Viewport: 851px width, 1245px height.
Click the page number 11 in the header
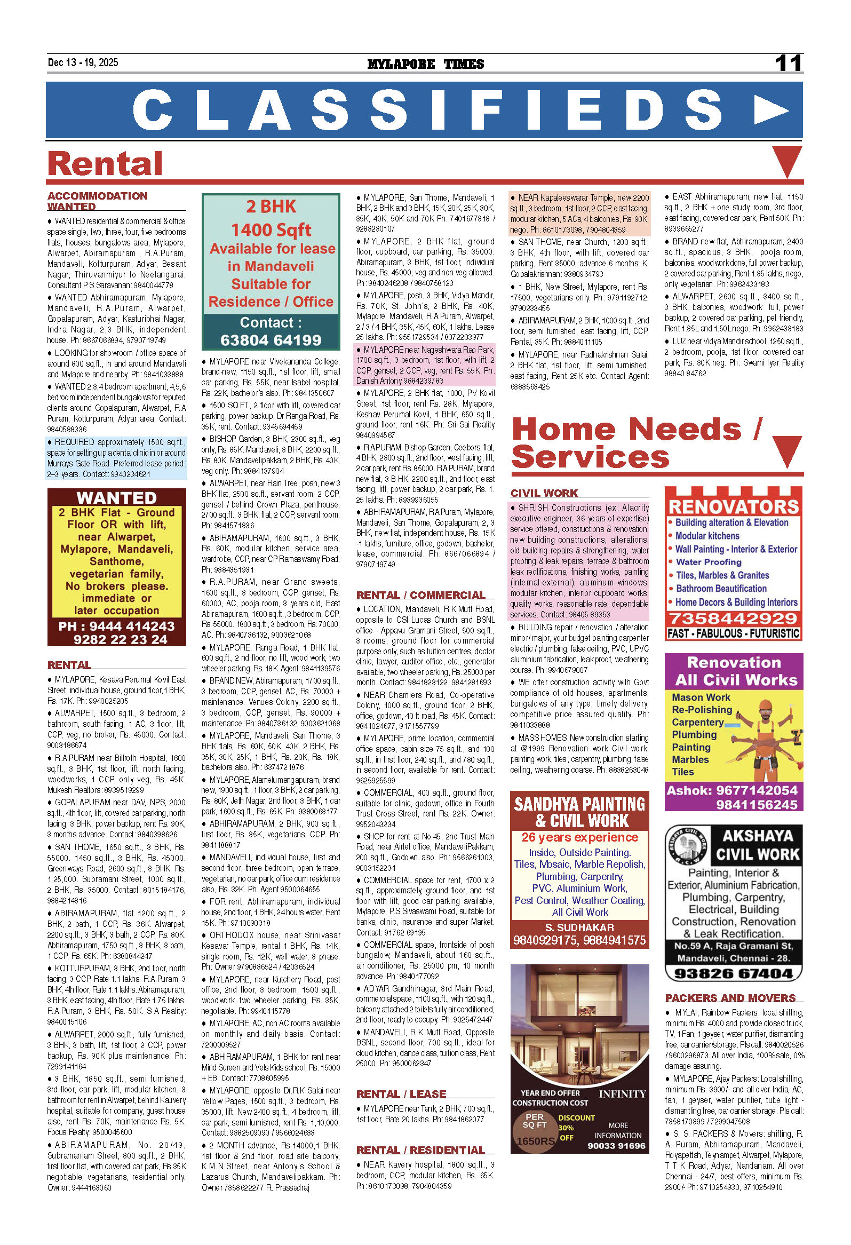(x=788, y=63)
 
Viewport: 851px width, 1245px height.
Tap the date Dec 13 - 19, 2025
(x=83, y=62)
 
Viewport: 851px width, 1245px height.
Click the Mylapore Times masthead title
(x=425, y=64)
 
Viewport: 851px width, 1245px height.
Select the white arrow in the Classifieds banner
(x=771, y=110)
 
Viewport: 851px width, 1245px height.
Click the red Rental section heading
(x=105, y=163)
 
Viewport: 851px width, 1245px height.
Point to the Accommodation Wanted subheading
(x=97, y=201)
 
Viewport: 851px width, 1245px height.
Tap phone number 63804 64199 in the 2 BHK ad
(x=271, y=340)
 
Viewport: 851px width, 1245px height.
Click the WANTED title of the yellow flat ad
(x=116, y=498)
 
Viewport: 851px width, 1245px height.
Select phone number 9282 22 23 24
(x=121, y=639)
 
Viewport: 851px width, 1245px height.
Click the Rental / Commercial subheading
(x=420, y=594)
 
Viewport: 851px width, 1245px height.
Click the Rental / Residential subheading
(x=420, y=1149)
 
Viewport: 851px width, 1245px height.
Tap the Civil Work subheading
(x=544, y=493)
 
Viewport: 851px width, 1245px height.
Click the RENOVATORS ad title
(x=733, y=506)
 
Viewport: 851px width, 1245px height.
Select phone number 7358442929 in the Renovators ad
(x=733, y=618)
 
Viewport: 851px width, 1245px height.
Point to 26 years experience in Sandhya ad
(x=579, y=837)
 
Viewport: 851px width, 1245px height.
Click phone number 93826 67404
(x=733, y=973)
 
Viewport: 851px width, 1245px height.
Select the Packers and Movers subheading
(x=730, y=997)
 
